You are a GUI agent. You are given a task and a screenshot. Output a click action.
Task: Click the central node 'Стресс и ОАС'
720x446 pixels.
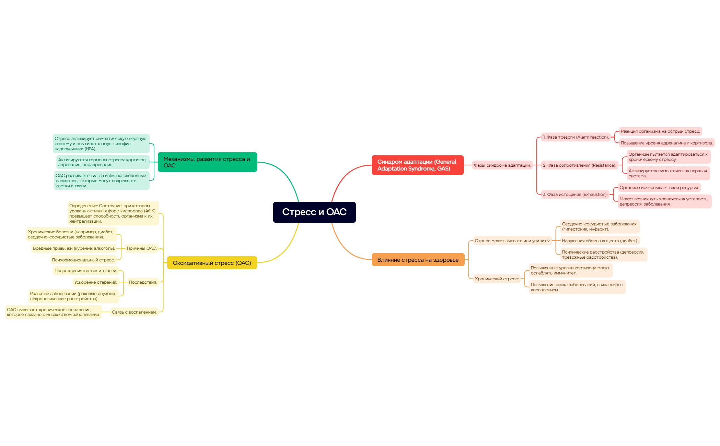coord(314,212)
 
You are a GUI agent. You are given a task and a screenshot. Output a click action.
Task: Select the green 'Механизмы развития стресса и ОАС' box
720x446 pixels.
coord(207,162)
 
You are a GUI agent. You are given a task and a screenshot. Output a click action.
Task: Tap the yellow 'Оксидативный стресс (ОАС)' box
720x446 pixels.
coord(212,263)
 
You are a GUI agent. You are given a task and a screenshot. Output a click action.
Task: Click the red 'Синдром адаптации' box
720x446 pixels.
coord(417,165)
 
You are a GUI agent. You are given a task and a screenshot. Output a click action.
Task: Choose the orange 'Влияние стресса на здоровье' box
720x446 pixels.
coord(418,260)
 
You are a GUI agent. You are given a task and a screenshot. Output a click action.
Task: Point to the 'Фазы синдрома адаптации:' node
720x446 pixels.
coord(502,165)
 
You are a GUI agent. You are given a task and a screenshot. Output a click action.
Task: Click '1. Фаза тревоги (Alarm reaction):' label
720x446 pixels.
coord(576,137)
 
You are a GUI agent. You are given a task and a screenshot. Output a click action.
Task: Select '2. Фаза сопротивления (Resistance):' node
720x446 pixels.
coord(580,165)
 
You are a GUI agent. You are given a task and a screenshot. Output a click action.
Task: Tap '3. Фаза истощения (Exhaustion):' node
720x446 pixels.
coord(575,195)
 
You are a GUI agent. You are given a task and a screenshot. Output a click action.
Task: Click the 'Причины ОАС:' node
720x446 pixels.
coord(142,248)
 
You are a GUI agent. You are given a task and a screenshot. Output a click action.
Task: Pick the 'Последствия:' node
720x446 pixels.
coord(143,282)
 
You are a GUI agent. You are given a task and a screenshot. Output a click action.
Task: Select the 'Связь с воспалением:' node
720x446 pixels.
coord(134,312)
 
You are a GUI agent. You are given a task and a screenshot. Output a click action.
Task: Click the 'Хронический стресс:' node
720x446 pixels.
coord(497,279)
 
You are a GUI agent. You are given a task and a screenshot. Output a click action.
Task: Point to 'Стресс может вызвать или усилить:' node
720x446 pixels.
coord(512,241)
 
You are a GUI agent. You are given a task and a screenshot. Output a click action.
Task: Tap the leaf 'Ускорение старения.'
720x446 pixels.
coord(96,282)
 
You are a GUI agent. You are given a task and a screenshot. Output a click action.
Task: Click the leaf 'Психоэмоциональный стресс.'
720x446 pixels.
coord(83,260)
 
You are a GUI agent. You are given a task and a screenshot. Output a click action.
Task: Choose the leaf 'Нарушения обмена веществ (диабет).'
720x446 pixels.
coord(600,241)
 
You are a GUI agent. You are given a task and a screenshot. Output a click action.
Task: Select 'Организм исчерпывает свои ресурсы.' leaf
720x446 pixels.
coord(659,188)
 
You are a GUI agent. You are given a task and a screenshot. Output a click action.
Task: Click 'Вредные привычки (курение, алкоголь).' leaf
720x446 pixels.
coord(74,248)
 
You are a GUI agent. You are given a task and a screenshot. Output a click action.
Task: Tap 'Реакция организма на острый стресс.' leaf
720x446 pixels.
coord(660,131)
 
